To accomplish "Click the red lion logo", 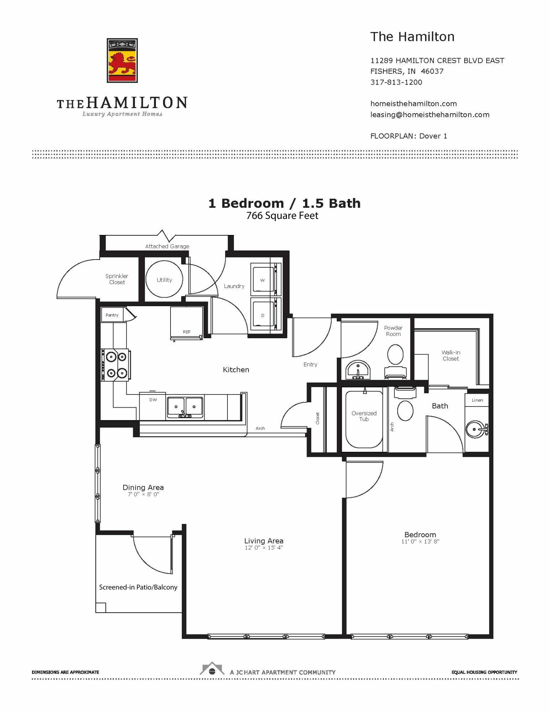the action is coord(122,61).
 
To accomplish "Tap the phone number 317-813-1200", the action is coord(396,82).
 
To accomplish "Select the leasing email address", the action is coord(430,115).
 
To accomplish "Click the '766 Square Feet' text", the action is coord(282,216).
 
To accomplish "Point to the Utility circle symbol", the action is coord(164,279).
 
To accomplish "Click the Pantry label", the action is coord(112,315).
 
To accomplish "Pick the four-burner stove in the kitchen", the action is coord(115,365).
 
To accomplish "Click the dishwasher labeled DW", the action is coord(153,406).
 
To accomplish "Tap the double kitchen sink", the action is coord(185,407).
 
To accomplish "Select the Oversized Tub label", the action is coord(364,416).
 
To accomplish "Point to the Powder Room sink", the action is coord(358,370).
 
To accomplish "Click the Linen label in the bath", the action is coord(477,400).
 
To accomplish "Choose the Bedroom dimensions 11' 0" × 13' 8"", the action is coord(420,541).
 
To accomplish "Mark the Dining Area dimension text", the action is coord(143,494).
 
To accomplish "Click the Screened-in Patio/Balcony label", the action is coord(138,587).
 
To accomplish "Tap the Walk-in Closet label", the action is coord(451,356).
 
